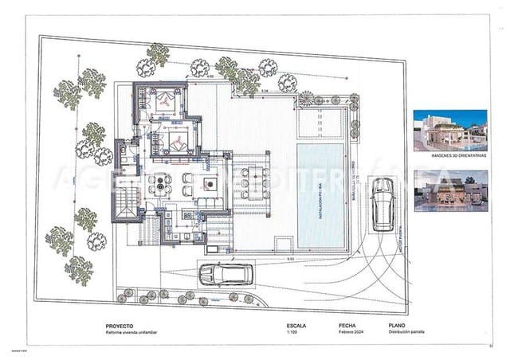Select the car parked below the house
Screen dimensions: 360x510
pyautogui.click(x=226, y=275)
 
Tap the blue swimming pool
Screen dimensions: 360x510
pyautogui.click(x=322, y=196)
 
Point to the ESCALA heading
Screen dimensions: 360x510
pyautogui.click(x=296, y=326)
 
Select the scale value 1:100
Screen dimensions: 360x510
pyautogui.click(x=291, y=334)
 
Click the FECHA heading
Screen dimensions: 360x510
pyautogui.click(x=347, y=326)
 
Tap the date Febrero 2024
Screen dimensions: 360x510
pyautogui.click(x=351, y=334)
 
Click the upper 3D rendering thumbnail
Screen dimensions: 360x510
pyautogui.click(x=450, y=131)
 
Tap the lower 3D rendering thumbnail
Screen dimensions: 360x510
pyautogui.click(x=450, y=190)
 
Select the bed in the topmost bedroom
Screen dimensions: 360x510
pyautogui.click(x=166, y=100)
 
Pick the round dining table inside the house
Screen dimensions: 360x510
pyautogui.click(x=164, y=185)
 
